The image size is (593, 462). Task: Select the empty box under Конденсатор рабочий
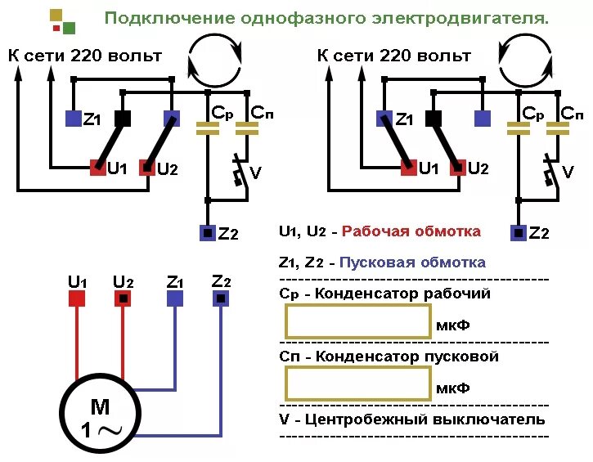pyautogui.click(x=357, y=321)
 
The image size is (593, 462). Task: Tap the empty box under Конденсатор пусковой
pyautogui.click(x=357, y=384)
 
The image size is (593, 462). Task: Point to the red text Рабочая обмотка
pyautogui.click(x=411, y=231)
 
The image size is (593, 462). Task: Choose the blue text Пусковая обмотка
pyautogui.click(x=412, y=262)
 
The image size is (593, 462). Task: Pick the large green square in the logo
pyautogui.click(x=69, y=29)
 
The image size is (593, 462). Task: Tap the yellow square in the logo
pyautogui.click(x=56, y=15)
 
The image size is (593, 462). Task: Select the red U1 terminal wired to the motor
pyautogui.click(x=77, y=298)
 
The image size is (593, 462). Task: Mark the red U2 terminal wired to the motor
pyautogui.click(x=123, y=298)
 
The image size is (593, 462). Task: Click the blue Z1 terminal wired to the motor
pyautogui.click(x=175, y=298)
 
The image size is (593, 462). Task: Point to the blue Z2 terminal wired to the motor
pyautogui.click(x=221, y=298)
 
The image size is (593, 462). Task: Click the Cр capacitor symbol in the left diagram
pyautogui.click(x=208, y=127)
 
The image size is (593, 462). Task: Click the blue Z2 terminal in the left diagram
pyautogui.click(x=208, y=233)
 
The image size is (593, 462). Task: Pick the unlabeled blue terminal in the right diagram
pyautogui.click(x=483, y=119)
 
